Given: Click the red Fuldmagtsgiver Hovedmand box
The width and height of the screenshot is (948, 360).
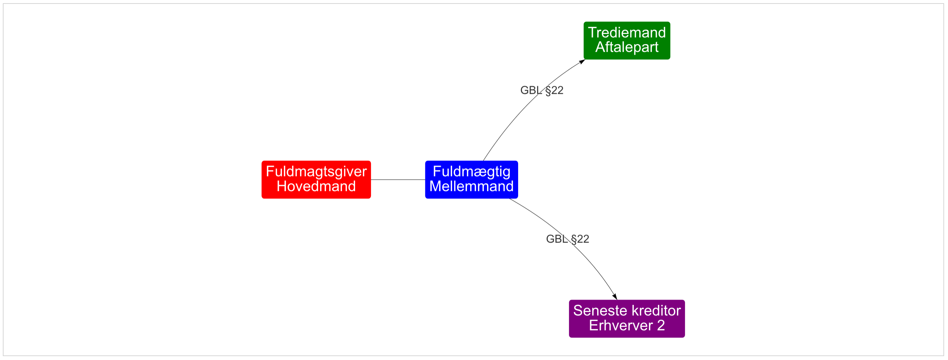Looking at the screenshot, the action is click(316, 180).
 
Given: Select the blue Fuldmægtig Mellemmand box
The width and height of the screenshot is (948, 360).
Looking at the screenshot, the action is click(472, 180).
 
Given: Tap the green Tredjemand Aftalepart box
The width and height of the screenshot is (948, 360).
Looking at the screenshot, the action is click(627, 41).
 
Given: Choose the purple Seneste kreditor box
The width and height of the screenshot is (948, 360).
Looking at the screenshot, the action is click(627, 319).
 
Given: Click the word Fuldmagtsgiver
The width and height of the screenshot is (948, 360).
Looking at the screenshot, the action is click(316, 172).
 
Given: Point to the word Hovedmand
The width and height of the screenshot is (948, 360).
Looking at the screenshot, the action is click(316, 187).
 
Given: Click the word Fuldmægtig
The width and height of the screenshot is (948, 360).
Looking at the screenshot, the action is click(472, 172).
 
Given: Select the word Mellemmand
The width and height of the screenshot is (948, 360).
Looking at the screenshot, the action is click(472, 187).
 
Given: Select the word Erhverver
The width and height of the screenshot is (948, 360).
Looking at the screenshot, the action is click(620, 326).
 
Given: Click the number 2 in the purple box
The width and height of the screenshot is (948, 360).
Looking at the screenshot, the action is click(661, 326).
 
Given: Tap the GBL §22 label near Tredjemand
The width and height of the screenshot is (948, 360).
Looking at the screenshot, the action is click(542, 91).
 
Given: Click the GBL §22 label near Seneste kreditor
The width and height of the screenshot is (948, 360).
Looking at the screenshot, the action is click(568, 239).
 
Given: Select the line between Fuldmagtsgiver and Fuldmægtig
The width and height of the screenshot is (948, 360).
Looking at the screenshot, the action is click(398, 180).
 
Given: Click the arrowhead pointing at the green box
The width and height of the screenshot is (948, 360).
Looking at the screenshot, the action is click(582, 61).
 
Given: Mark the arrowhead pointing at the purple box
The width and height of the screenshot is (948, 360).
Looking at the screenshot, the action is click(614, 296).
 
